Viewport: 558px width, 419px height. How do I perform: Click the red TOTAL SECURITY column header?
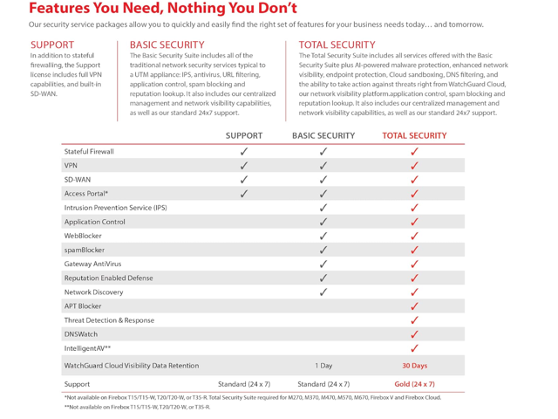[x=414, y=135]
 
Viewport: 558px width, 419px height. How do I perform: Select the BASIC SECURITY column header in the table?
[x=323, y=135]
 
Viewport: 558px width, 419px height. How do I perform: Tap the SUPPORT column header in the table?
[x=244, y=135]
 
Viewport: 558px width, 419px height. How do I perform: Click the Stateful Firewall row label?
[x=89, y=151]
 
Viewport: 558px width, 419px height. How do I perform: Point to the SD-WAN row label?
[x=78, y=180]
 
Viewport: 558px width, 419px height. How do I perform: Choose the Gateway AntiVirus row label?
[x=92, y=264]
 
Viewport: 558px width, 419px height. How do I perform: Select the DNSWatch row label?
[x=80, y=334]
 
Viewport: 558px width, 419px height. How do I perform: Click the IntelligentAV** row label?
[x=88, y=348]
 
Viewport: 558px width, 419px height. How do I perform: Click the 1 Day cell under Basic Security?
[x=323, y=366]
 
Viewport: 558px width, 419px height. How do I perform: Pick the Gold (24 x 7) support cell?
[x=414, y=384]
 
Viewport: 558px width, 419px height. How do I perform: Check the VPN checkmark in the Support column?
[x=244, y=166]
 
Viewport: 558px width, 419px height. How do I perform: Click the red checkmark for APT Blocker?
[x=415, y=306]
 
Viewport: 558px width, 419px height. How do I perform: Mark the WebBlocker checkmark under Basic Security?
[x=323, y=236]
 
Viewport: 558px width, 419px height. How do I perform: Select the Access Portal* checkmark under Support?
[x=244, y=194]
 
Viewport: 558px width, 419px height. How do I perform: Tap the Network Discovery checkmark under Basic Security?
[x=323, y=292]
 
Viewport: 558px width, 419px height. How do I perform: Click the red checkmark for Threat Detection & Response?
[x=415, y=320]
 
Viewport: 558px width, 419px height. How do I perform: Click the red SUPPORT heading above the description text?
[x=52, y=45]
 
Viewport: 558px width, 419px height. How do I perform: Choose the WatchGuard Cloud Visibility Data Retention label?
[x=132, y=366]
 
